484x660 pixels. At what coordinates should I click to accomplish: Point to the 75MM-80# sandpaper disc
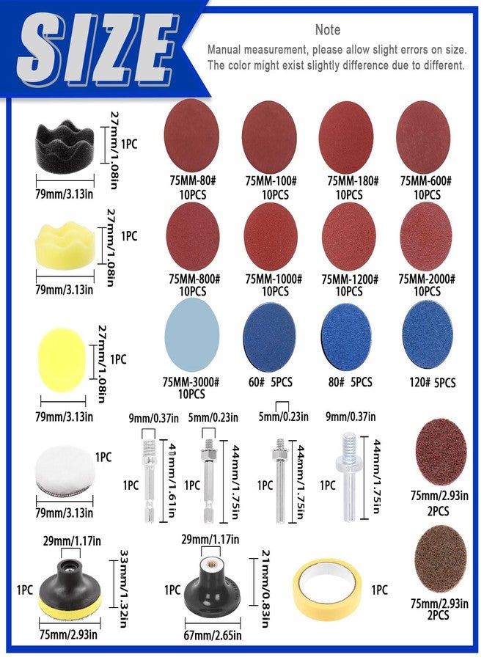coord(191,133)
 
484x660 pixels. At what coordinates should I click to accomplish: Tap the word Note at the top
coord(327,30)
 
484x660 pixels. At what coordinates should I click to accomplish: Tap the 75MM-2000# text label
coord(427,279)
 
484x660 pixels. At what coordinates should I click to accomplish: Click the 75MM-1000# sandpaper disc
coord(270,234)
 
